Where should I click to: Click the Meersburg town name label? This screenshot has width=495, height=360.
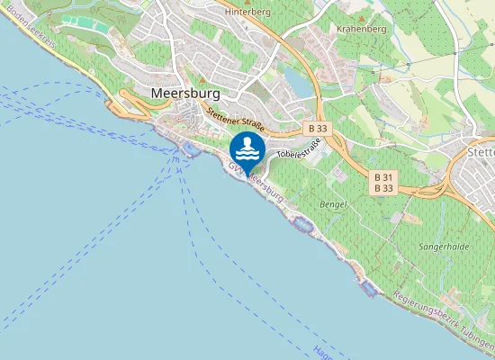coord(187,93)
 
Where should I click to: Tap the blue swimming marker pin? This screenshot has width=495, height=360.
coord(247,148)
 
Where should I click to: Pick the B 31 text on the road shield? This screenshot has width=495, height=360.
coord(383,177)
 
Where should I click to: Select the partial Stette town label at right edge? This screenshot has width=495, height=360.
coord(481,153)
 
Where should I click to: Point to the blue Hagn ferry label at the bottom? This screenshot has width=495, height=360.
coord(322,350)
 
